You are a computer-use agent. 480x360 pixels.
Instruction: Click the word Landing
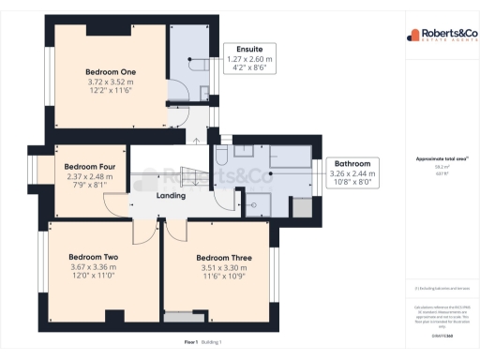pyautogui.click(x=171, y=196)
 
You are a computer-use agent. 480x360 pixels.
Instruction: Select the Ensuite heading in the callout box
pyautogui.click(x=249, y=48)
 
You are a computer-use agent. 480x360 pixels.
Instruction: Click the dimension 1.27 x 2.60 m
pyautogui.click(x=249, y=58)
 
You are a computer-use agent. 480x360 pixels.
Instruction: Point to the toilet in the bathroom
pyautogui.click(x=221, y=157)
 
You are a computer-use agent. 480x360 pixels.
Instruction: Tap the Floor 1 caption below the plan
pyautogui.click(x=191, y=343)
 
